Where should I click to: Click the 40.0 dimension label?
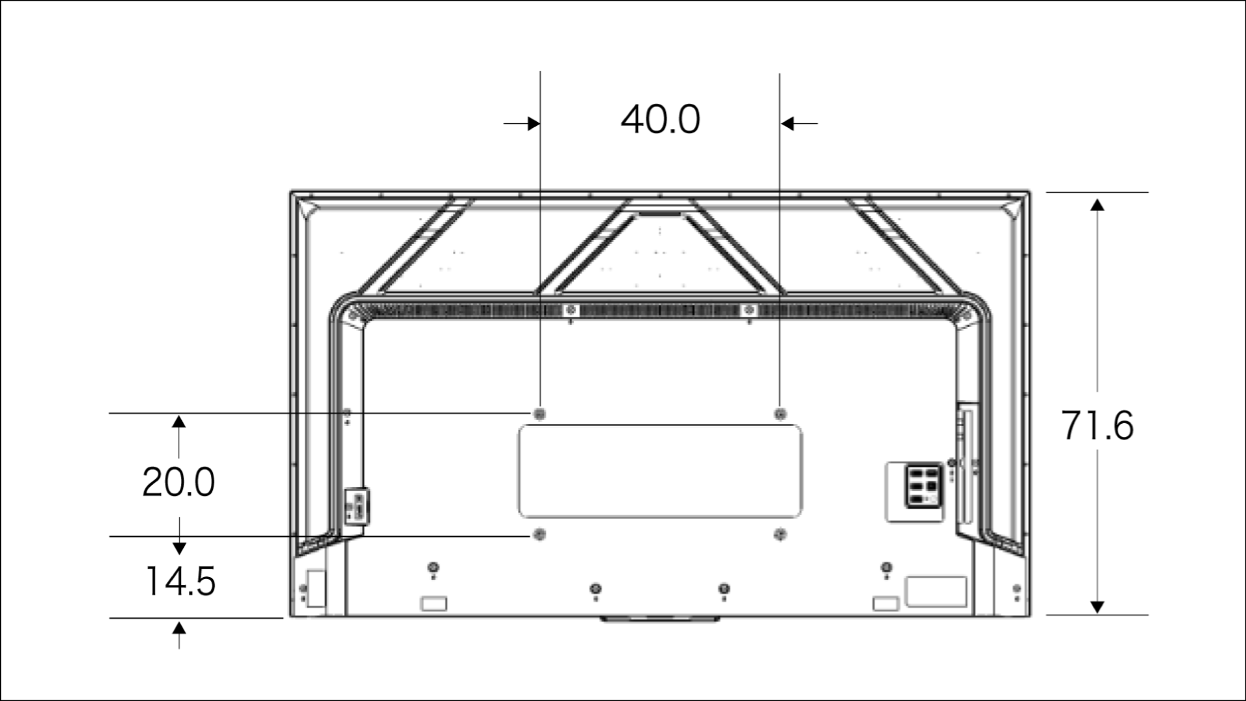click(x=661, y=119)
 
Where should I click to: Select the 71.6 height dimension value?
click(x=1097, y=426)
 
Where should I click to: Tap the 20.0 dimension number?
click(x=178, y=482)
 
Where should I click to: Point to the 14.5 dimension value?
click(x=180, y=581)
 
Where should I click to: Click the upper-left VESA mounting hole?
click(x=539, y=413)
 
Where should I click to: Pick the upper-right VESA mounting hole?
click(x=781, y=413)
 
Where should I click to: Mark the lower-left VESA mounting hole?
click(x=539, y=534)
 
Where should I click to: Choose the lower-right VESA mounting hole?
click(x=780, y=534)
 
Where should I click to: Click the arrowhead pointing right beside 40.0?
click(x=533, y=123)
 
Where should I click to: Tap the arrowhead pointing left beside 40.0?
click(x=787, y=123)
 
